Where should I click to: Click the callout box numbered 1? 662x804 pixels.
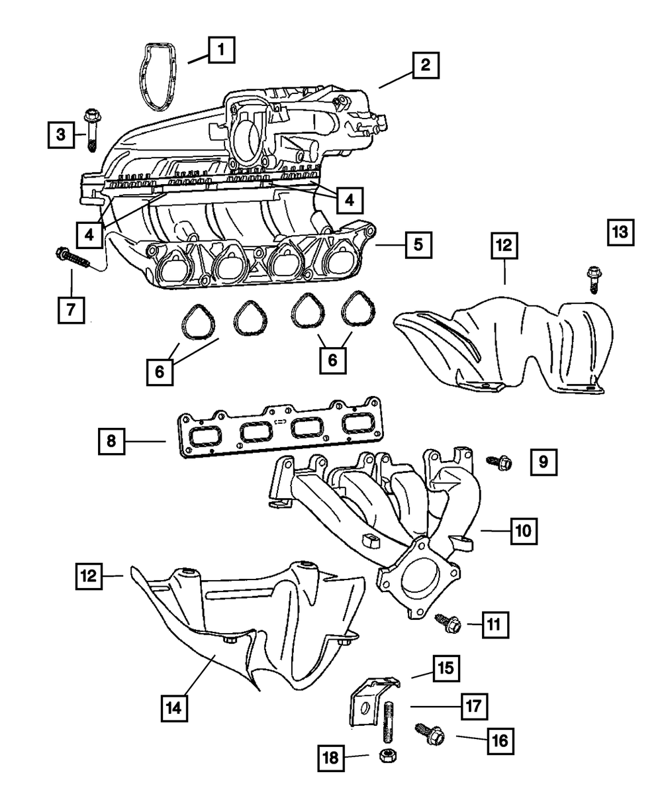click(221, 50)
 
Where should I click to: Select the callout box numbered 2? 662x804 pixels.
click(425, 65)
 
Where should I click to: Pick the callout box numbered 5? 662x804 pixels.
click(418, 244)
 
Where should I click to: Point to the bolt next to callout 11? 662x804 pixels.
click(448, 622)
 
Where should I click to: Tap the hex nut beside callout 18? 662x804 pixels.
click(386, 755)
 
